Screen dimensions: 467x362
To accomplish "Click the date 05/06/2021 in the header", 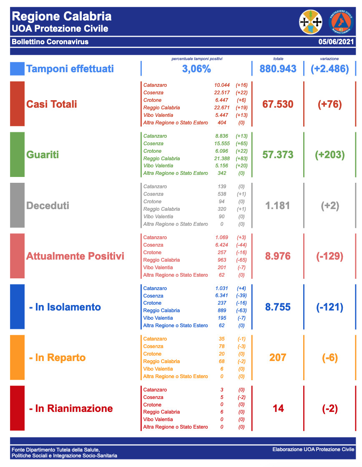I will click(336, 42).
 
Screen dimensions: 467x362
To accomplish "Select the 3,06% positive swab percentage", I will click(196, 69).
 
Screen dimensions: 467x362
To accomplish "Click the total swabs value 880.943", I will click(278, 69).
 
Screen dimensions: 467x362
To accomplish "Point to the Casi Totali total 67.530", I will click(278, 104).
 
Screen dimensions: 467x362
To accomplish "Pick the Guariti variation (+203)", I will click(329, 155).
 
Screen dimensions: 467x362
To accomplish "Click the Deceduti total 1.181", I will click(278, 205).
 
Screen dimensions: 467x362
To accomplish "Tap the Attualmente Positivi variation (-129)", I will click(329, 256).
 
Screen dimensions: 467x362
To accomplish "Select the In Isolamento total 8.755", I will click(278, 307).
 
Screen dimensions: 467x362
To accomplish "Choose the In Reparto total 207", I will click(278, 358).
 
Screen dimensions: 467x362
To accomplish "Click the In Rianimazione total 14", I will click(278, 408).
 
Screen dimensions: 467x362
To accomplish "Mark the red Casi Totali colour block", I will click(18, 104).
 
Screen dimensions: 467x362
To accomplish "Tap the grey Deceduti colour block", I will click(18, 205).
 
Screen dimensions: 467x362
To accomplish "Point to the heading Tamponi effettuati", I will click(70, 69).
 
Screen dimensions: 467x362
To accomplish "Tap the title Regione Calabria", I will click(62, 16).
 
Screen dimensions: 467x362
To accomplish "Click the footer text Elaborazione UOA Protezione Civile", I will click(313, 449).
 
